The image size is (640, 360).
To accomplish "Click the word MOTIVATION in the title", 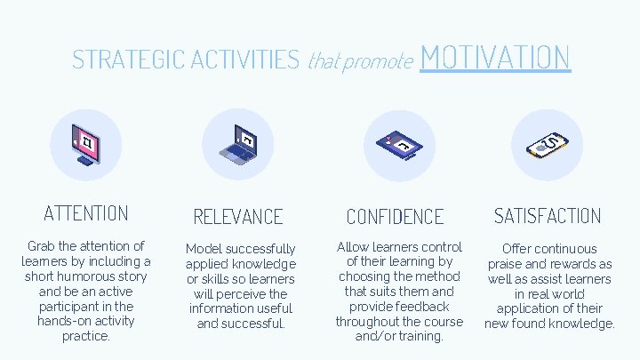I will (494, 57).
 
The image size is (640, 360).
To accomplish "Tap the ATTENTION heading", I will (86, 213).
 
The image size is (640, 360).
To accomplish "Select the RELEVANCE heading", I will (238, 217).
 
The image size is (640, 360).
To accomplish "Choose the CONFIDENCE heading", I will (395, 217).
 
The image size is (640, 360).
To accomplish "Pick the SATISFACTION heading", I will (548, 216).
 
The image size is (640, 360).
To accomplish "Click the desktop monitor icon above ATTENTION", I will (86, 143).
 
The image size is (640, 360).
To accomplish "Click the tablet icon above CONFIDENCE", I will (399, 144).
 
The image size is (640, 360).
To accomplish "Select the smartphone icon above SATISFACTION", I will (548, 144).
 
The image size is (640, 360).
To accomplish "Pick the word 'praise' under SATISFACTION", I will (508, 264).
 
